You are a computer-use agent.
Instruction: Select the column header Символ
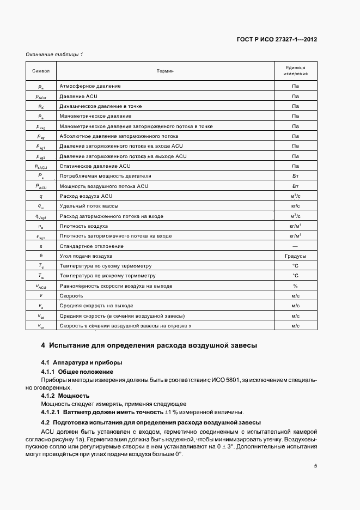[x=41, y=71]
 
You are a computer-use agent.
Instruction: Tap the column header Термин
[x=164, y=71]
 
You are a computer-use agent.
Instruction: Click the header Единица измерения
[x=295, y=71]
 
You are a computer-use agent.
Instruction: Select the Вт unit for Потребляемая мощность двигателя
[x=295, y=176]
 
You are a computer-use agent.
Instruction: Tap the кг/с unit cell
[x=295, y=206]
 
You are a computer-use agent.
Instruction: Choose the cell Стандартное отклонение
[x=91, y=246]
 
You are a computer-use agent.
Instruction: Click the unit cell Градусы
[x=295, y=256]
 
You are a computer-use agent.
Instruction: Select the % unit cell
[x=295, y=286]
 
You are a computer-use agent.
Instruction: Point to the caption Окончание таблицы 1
[x=54, y=54]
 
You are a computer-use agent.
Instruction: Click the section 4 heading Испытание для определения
[x=145, y=345]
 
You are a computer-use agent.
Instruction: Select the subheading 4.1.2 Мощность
[x=65, y=395]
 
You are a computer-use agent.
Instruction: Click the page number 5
[x=315, y=466]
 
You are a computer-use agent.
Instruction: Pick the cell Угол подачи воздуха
[x=86, y=256]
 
